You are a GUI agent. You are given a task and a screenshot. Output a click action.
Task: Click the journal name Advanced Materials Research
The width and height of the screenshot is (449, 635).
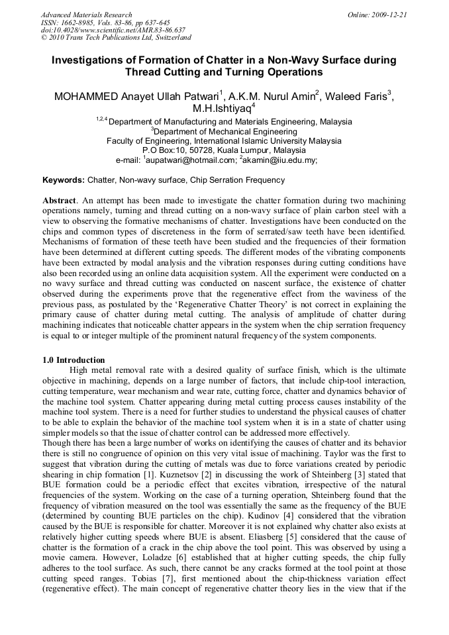point(86,15)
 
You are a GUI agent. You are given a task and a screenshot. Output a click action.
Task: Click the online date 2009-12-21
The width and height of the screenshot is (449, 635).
point(389,15)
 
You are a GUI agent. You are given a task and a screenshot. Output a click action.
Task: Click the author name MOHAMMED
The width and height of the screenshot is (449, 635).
point(85,97)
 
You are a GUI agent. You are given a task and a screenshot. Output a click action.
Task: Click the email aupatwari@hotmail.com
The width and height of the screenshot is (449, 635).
point(193,160)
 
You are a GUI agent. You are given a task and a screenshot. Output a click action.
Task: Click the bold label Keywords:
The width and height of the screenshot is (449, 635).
point(64,180)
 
